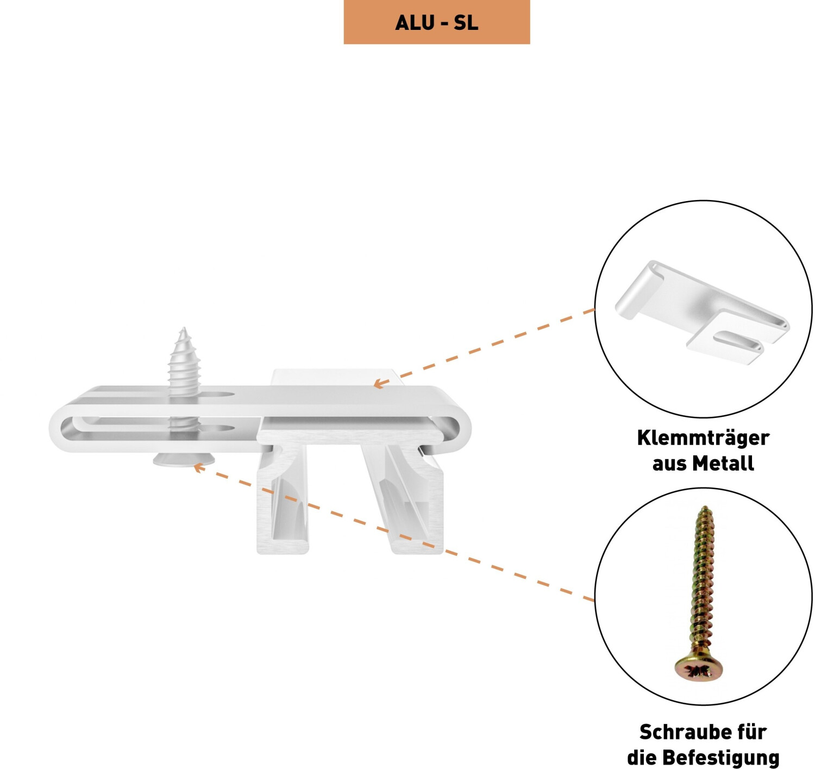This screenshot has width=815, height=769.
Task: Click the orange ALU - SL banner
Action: click(437, 22)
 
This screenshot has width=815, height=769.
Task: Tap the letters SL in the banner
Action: click(466, 23)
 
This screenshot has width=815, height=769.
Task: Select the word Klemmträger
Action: click(703, 438)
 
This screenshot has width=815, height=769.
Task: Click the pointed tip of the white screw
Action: click(184, 330)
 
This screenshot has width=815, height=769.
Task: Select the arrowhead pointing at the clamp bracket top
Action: click(378, 384)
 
